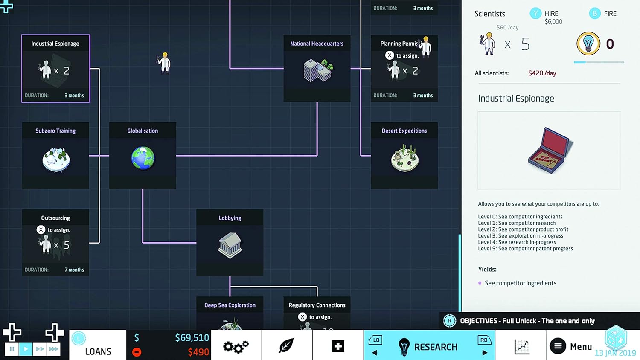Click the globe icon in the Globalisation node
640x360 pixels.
coord(143,158)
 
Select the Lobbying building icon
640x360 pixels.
coord(230,245)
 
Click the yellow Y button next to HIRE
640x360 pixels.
coord(535,14)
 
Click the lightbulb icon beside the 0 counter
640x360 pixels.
coord(588,44)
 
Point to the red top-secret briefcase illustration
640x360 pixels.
coord(549,151)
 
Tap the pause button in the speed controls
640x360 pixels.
coord(12,349)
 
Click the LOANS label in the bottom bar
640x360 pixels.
coord(98,351)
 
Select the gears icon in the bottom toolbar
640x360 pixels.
coord(236,346)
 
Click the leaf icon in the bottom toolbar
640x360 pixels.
coord(286,346)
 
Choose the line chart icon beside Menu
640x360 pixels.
coord(521,346)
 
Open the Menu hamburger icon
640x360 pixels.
coord(558,346)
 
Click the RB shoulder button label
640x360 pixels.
coord(483,340)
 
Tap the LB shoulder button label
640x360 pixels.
coord(376,340)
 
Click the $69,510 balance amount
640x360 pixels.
coord(192,338)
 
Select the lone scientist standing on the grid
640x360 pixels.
coord(165,63)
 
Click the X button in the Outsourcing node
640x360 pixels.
coord(41,230)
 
